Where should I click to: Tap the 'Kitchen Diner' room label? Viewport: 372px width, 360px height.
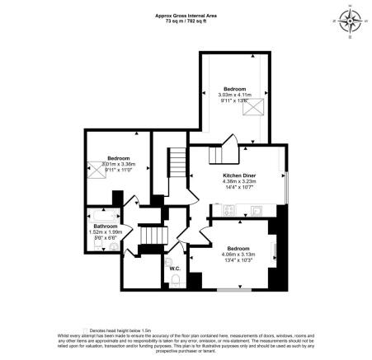(240, 175)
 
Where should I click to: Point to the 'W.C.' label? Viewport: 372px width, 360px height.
(175, 269)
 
